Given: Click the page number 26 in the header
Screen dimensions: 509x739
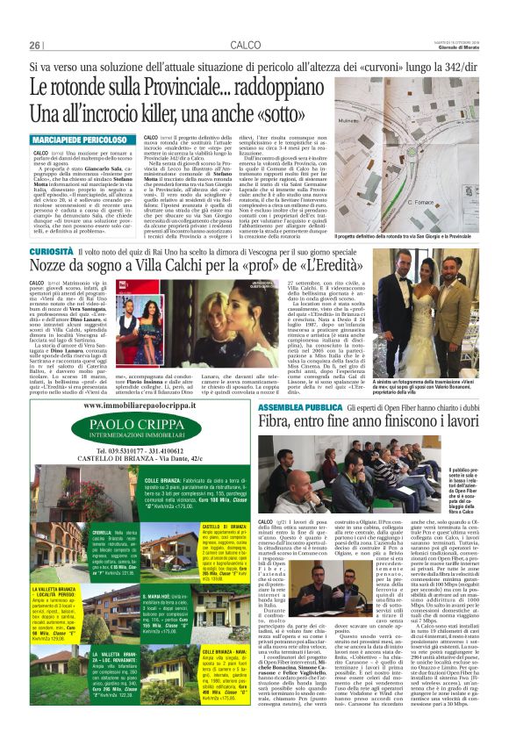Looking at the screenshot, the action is click(35, 46).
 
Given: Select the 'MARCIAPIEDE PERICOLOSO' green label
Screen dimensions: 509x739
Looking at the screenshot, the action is click(79, 139).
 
